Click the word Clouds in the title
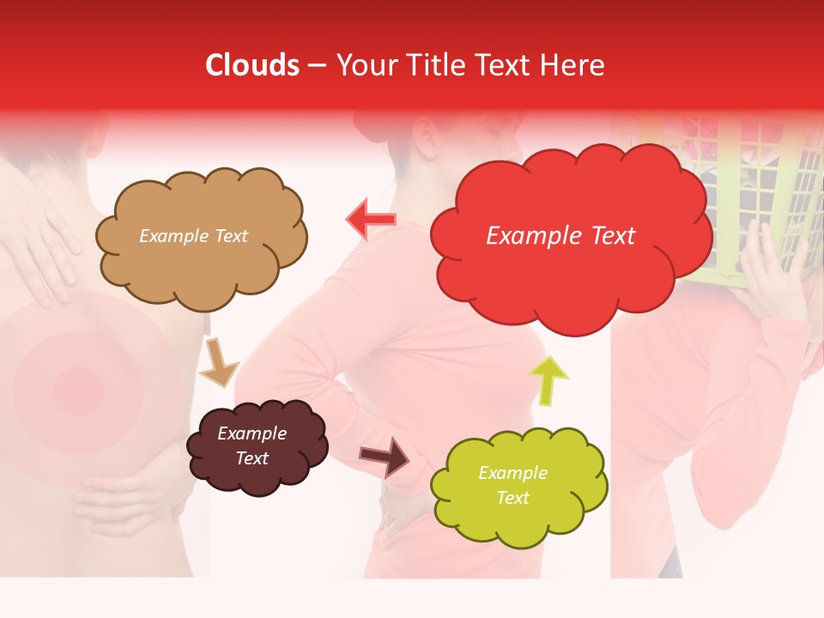click(252, 65)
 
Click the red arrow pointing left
click(371, 220)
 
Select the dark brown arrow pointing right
click(385, 456)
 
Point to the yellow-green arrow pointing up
click(548, 379)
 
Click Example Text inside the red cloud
click(560, 236)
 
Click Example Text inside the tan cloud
click(193, 236)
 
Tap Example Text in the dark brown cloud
click(252, 445)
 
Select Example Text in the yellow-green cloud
click(512, 485)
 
